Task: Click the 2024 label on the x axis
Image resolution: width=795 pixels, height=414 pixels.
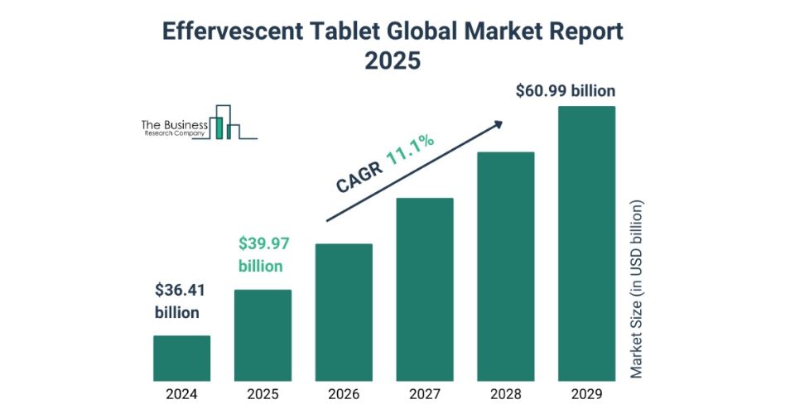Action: coord(181,394)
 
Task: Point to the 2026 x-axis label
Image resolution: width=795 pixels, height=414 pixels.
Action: coord(344,394)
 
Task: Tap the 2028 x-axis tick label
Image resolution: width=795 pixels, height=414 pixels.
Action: coord(506,394)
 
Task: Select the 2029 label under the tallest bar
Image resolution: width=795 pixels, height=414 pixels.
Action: coord(586,394)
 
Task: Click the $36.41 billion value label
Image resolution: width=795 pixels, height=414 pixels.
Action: coord(179,301)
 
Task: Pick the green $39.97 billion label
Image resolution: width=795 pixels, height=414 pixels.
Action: coord(262,255)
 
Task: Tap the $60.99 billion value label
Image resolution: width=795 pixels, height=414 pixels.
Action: coord(566,89)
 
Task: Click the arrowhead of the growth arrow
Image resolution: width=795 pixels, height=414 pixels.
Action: coord(498,124)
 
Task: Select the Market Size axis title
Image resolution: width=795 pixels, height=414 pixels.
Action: coord(636,289)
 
